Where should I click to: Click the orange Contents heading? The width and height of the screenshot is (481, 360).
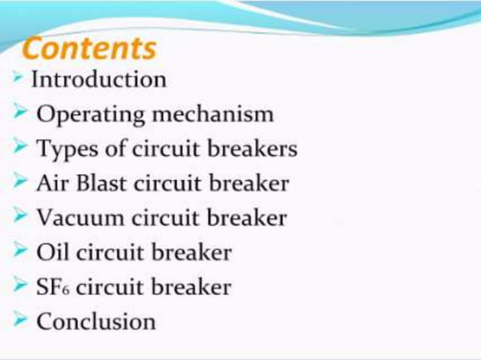[x=90, y=49]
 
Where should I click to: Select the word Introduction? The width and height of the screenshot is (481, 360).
[x=98, y=79]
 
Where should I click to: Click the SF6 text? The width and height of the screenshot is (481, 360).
[x=53, y=287]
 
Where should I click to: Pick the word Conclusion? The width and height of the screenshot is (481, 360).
[x=96, y=322]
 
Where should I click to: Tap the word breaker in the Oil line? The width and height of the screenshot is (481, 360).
[x=191, y=252]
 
